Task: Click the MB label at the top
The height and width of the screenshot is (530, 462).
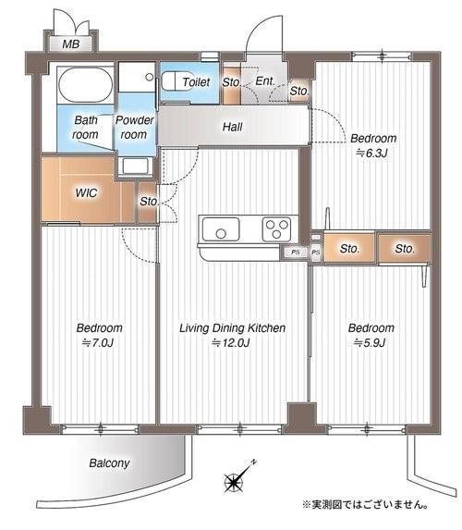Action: pyautogui.click(x=70, y=44)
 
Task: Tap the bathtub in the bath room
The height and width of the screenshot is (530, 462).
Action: pyautogui.click(x=84, y=88)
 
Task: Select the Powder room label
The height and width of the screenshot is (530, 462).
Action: pyautogui.click(x=136, y=127)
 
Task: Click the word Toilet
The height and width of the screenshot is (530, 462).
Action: pyautogui.click(x=196, y=82)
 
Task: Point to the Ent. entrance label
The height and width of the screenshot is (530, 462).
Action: pyautogui.click(x=264, y=81)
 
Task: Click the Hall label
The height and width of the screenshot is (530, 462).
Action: pyautogui.click(x=232, y=127)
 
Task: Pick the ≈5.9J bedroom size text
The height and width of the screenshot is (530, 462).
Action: pyautogui.click(x=371, y=343)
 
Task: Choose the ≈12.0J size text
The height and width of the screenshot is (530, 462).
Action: pyautogui.click(x=230, y=343)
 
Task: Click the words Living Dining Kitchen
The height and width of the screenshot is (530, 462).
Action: pyautogui.click(x=231, y=328)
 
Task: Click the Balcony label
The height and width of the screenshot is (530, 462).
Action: pyautogui.click(x=109, y=462)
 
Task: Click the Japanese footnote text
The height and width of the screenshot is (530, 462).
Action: pyautogui.click(x=363, y=505)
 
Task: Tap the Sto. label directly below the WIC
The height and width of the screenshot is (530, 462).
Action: pyautogui.click(x=147, y=201)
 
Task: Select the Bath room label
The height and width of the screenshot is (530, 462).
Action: pyautogui.click(x=86, y=127)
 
